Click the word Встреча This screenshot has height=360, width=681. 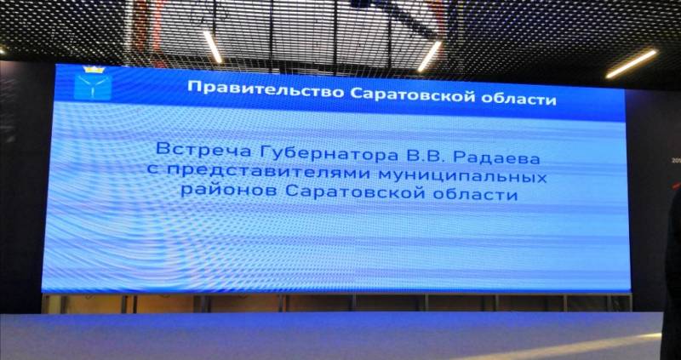click(203, 151)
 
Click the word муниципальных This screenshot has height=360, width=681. click(461, 177)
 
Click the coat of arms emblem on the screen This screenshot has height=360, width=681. click(93, 83)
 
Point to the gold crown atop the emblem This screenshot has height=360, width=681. click(93, 70)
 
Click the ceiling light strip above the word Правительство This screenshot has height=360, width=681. click(213, 47)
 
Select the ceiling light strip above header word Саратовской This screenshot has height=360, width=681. click(430, 56)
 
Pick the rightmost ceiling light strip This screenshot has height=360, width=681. click(632, 64)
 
